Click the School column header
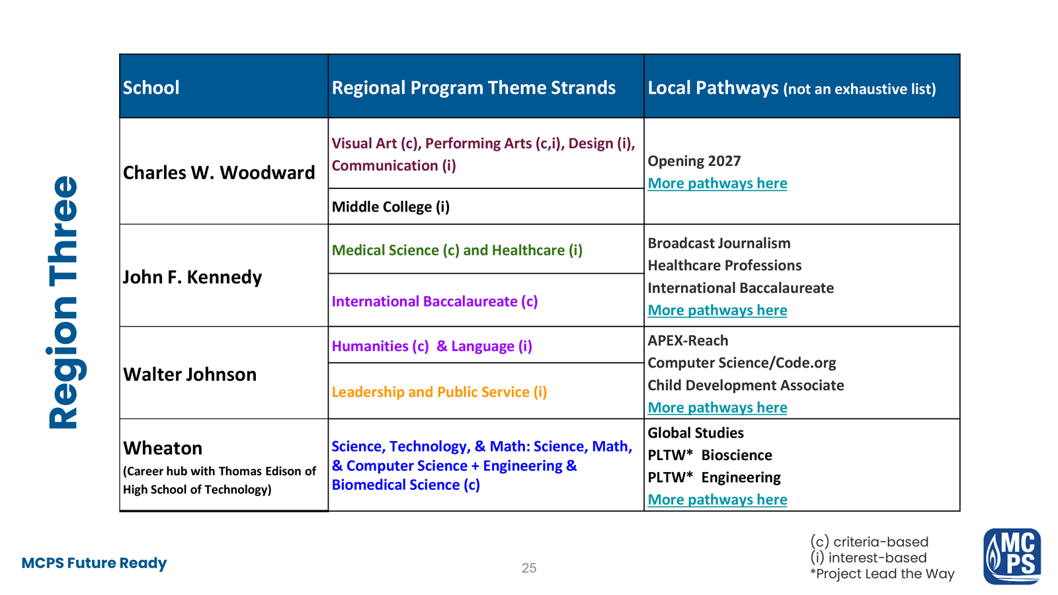(151, 87)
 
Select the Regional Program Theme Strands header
(473, 87)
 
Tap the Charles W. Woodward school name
(219, 173)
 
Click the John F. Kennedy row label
(192, 276)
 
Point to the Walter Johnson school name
(190, 374)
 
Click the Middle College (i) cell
(391, 207)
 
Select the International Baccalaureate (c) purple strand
(434, 301)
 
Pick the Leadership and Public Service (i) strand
(439, 392)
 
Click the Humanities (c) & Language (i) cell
(432, 346)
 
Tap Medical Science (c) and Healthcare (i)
(457, 251)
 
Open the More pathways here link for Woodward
(717, 183)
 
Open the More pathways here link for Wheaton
(717, 500)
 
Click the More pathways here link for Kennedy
(717, 310)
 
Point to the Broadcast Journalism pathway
(719, 243)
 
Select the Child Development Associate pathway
(745, 385)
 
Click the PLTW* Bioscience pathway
(710, 456)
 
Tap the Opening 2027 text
(694, 161)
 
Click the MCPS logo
(1012, 557)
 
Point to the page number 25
(529, 568)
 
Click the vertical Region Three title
(64, 302)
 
